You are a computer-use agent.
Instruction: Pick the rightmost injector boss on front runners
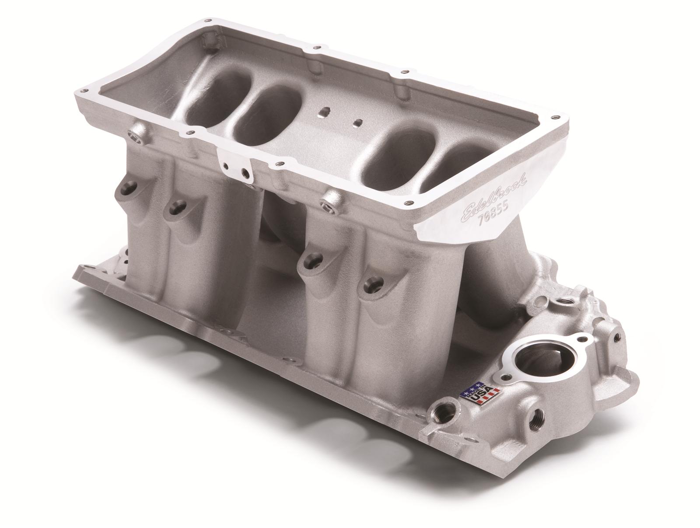point(371,285)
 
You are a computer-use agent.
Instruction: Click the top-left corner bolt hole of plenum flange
point(209,21)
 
